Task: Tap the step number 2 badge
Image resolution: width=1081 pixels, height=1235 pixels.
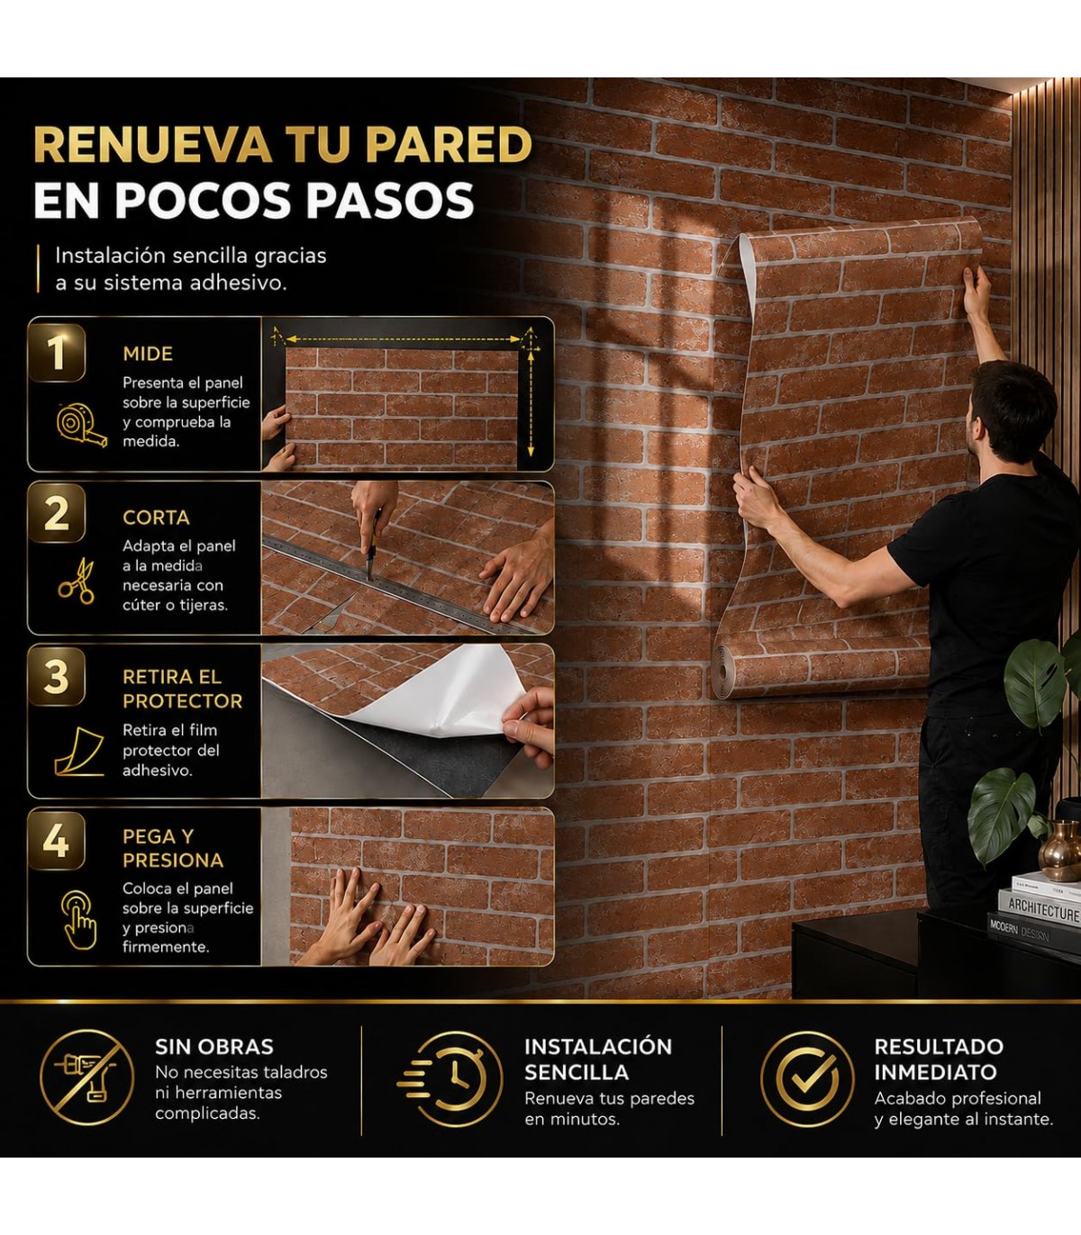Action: (57, 513)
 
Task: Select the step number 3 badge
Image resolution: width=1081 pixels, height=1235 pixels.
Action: (57, 676)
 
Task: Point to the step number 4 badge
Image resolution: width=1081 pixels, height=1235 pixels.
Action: (57, 840)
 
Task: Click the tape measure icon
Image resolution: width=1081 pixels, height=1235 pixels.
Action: (82, 426)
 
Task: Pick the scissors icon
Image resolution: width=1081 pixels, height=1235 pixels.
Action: (77, 581)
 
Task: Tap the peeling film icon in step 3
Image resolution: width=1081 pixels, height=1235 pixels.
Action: (78, 751)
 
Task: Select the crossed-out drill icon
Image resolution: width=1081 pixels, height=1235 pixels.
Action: (86, 1077)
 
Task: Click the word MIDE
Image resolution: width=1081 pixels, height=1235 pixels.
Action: (148, 354)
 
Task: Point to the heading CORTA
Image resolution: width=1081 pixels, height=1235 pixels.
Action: (157, 518)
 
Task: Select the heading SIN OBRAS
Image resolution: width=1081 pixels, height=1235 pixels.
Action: (214, 1047)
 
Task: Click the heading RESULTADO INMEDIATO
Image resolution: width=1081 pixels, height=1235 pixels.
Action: (939, 1059)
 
